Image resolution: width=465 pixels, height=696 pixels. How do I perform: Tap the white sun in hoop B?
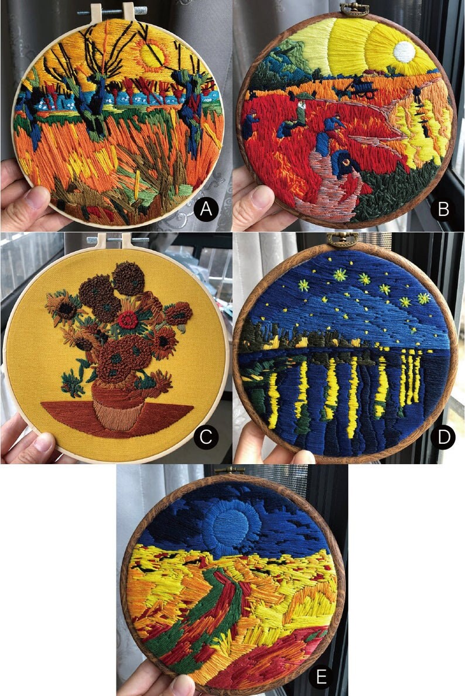tap(404, 52)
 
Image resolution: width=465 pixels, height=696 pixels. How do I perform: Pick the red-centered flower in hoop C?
tap(126, 320)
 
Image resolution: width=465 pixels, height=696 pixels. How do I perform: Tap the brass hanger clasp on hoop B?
tap(355, 8)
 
